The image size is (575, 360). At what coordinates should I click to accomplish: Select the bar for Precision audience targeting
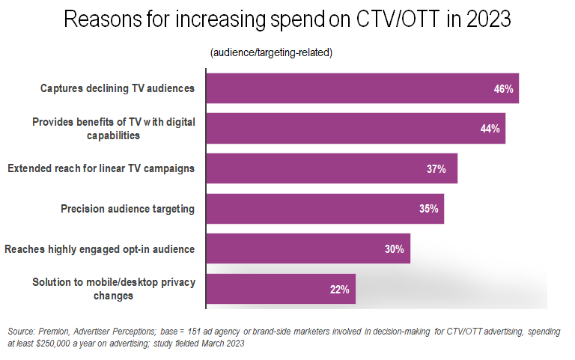pyautogui.click(x=324, y=209)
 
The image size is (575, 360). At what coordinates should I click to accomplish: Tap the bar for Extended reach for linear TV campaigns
pyautogui.click(x=331, y=168)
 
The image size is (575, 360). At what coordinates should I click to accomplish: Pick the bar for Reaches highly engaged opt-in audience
pyautogui.click(x=308, y=248)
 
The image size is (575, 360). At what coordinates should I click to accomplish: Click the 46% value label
pyautogui.click(x=503, y=88)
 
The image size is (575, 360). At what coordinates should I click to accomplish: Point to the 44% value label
pyautogui.click(x=490, y=129)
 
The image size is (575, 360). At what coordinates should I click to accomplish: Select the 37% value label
pyautogui.click(x=436, y=169)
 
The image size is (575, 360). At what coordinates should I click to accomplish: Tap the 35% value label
pyautogui.click(x=429, y=209)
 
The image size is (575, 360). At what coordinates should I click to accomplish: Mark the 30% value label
pyautogui.click(x=395, y=249)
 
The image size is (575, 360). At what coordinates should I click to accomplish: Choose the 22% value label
pyautogui.click(x=340, y=290)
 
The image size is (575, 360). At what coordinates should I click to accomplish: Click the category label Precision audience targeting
pyautogui.click(x=127, y=209)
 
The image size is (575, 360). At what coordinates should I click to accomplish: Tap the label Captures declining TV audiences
pyautogui.click(x=118, y=88)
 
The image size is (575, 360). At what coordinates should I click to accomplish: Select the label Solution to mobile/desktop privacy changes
pyautogui.click(x=114, y=289)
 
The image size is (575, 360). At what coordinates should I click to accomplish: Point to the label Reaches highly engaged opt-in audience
pyautogui.click(x=100, y=248)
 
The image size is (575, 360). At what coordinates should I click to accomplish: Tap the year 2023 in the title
pyautogui.click(x=487, y=19)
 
